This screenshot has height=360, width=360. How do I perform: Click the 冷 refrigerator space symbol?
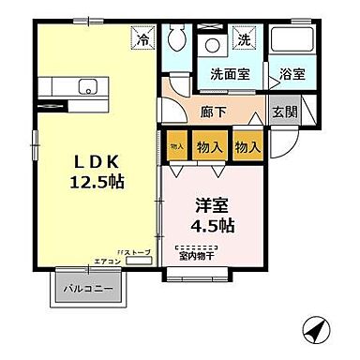click(x=142, y=39)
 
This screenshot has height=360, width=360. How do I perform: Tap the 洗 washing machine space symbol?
click(x=243, y=40)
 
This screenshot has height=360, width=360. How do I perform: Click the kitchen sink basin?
click(x=89, y=88)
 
